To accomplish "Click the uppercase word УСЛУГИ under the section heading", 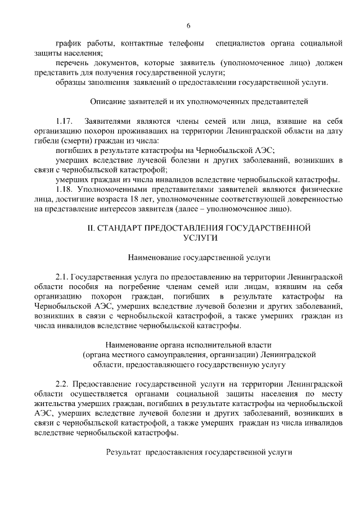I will point(200,238).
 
